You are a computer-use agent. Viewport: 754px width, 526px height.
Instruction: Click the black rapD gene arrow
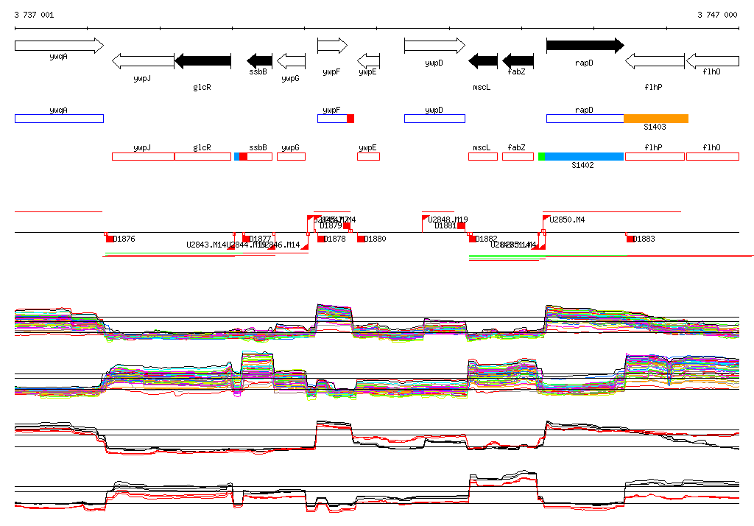coord(585,46)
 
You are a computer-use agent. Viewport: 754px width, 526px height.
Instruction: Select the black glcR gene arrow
coord(202,61)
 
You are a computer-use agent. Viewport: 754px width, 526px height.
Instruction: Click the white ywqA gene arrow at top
coord(59,46)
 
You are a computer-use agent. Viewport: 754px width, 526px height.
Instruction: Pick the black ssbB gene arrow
coord(259,61)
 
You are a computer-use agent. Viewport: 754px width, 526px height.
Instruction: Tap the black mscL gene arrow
coord(483,61)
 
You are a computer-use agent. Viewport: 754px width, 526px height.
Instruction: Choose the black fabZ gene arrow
coord(518,61)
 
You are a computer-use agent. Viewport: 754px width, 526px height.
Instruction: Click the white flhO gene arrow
coord(712,61)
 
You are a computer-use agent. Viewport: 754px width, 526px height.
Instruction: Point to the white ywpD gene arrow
coord(434,46)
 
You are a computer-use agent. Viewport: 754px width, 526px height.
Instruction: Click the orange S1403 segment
coord(655,119)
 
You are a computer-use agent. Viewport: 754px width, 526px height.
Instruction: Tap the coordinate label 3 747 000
coord(716,15)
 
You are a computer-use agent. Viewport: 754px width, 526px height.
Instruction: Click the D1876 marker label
coord(124,239)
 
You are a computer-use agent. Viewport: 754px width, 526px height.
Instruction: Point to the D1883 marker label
coord(644,239)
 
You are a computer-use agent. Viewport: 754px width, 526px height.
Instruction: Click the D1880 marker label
coord(375,239)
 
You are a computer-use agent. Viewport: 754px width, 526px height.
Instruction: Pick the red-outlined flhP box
coord(654,156)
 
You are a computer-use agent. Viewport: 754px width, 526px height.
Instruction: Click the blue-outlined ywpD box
coord(434,119)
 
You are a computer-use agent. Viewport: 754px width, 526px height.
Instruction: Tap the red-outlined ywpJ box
coord(143,156)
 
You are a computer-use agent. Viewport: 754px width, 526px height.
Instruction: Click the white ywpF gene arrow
coord(332,46)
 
